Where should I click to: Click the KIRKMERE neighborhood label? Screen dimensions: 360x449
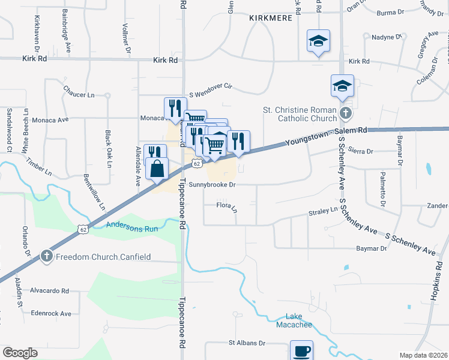coord(271,18)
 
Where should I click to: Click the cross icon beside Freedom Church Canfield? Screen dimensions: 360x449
coord(46,257)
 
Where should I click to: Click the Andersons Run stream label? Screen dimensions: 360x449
coord(131,226)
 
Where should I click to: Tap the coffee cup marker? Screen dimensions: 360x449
coord(301,350)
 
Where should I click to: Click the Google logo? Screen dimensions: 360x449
coord(20,353)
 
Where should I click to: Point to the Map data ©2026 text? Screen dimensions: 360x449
coord(424,355)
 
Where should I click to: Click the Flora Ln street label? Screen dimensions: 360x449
coord(227,207)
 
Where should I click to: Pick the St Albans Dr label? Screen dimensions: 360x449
coord(246,343)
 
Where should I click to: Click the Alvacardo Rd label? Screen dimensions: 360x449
coord(50,290)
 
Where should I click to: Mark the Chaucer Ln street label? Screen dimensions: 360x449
coord(79,95)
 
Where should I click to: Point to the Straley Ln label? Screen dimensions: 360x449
coord(323,211)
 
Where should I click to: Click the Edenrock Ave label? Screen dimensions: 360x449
coord(50,313)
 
